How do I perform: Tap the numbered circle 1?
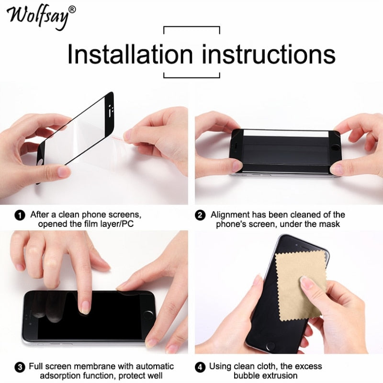[x=20, y=215]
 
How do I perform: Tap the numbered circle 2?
[x=200, y=215]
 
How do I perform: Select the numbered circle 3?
[x=20, y=367]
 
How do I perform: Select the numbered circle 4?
[x=200, y=367]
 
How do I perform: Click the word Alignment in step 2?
[x=231, y=214]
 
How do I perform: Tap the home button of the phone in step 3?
[x=149, y=315]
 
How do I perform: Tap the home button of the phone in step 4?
[x=271, y=345]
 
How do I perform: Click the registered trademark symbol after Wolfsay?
[x=72, y=9]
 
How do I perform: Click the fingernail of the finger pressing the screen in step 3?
[x=86, y=306]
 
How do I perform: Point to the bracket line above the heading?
[x=191, y=27]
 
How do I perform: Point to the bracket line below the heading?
[x=191, y=77]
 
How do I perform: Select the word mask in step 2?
[x=330, y=224]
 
